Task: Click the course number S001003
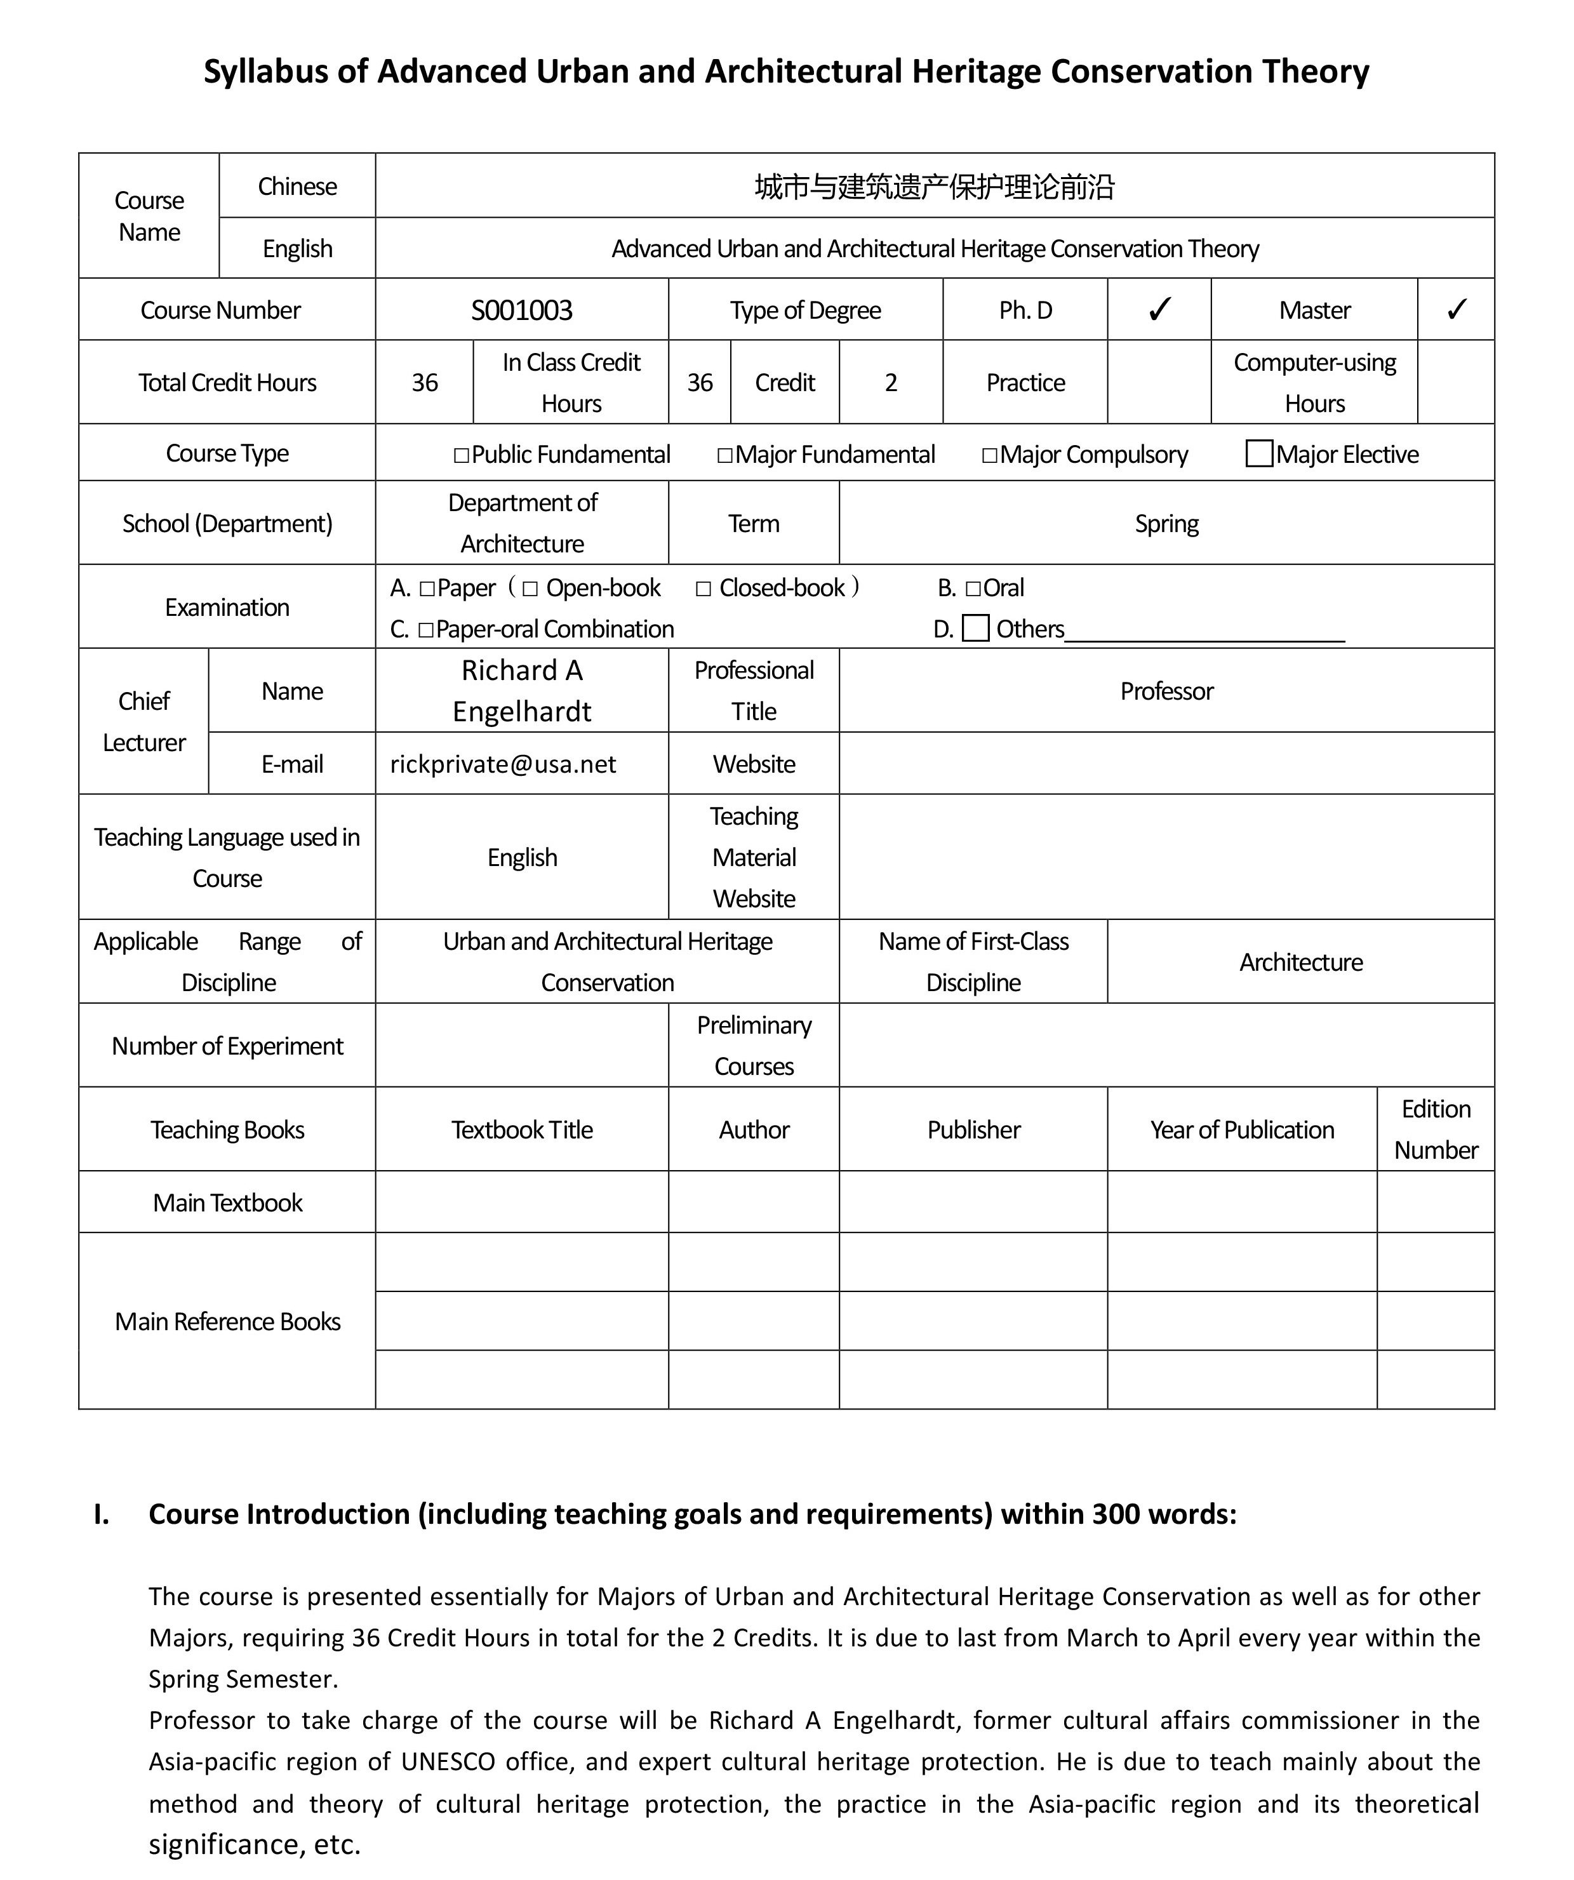tap(521, 310)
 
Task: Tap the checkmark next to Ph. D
tap(1159, 310)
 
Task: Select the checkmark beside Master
tap(1456, 310)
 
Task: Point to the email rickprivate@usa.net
tap(503, 764)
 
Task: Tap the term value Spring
tap(1166, 524)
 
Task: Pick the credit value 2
tap(890, 382)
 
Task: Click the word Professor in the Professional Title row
tap(1166, 691)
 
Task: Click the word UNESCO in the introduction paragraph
tap(448, 1762)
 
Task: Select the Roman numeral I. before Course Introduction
tap(101, 1514)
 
